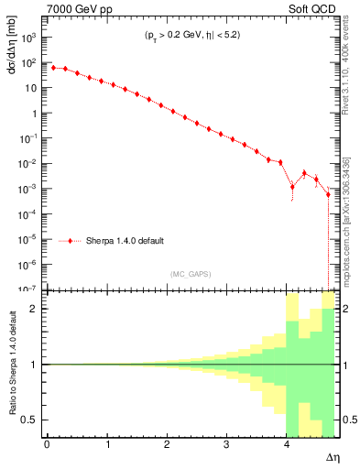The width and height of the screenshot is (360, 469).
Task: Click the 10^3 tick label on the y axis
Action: [27, 38]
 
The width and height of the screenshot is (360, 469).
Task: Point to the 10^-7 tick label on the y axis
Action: [27, 289]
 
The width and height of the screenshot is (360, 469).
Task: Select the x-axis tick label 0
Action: [47, 444]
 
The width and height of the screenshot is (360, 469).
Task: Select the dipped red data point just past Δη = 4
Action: [292, 187]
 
